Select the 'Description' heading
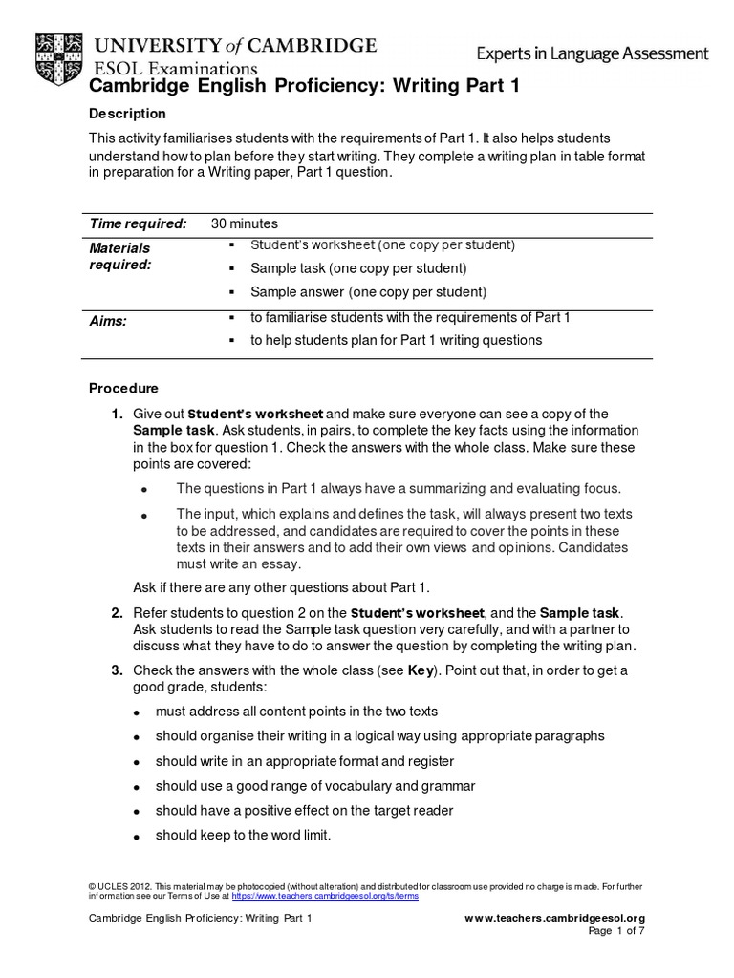pos(127,114)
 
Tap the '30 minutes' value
pos(244,223)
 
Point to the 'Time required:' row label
pos(138,223)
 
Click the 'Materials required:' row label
pos(120,256)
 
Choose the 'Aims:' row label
pos(108,322)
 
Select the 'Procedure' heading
pos(123,389)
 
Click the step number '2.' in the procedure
pos(117,611)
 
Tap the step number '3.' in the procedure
pos(117,670)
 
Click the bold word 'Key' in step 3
pos(421,670)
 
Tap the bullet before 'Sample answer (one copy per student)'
pos(232,292)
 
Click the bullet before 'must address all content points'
pos(138,712)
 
